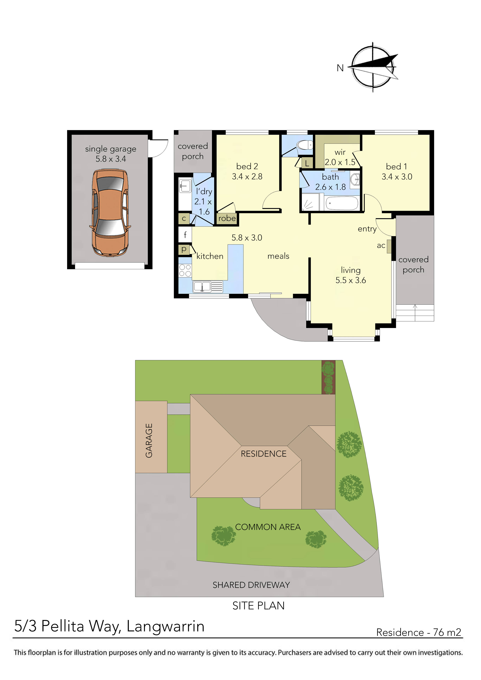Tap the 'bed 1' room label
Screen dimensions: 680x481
[x=397, y=167]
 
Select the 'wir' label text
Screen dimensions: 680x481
[x=340, y=152]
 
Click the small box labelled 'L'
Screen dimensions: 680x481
[x=307, y=163]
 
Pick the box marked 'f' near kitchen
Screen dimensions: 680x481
[x=185, y=235]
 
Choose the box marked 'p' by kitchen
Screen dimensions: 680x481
[x=184, y=249]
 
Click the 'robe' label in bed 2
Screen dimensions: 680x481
[x=227, y=219]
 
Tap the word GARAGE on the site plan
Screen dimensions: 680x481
[x=149, y=440]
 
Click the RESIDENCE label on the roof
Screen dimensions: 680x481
[x=263, y=454]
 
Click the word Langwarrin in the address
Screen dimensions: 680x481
[x=165, y=626]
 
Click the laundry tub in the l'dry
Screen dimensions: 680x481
[x=185, y=186]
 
